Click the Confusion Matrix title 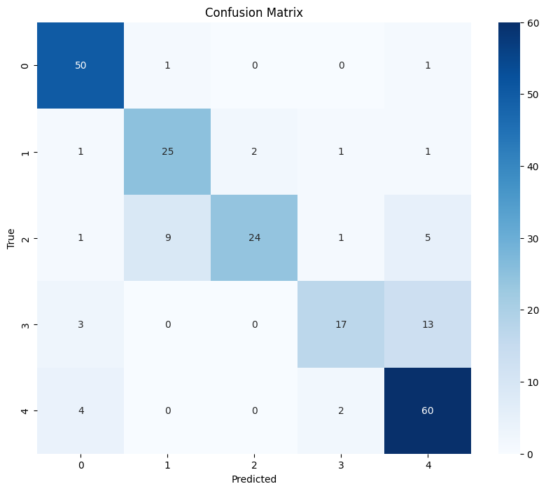coord(254,13)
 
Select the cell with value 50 coord(80,66)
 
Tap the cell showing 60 coord(428,410)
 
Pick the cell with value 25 coord(167,152)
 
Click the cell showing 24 coord(254,238)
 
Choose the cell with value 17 coord(341,324)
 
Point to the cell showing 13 coord(428,324)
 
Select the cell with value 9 coord(167,238)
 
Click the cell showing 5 coord(428,238)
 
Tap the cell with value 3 coord(80,324)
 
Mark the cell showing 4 coord(80,410)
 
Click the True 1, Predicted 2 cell coord(254,152)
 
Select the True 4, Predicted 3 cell coord(341,410)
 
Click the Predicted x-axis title coord(254,480)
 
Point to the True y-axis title coord(11,238)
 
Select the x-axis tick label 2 coord(254,465)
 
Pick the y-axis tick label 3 coord(26,324)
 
